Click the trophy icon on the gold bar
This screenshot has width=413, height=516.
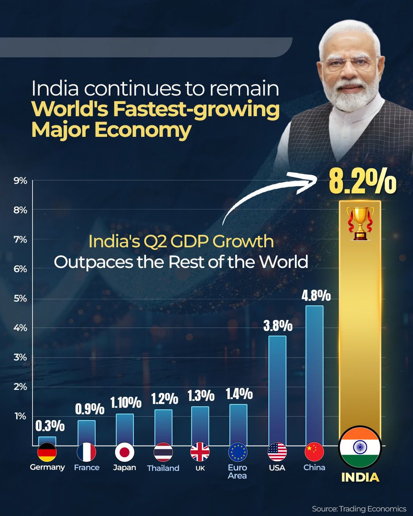[x=360, y=223]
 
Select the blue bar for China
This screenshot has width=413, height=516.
[x=314, y=374]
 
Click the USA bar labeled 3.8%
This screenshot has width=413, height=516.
[x=277, y=389]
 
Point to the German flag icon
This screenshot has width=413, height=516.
[x=47, y=452]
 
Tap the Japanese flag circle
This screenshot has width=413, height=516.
[x=125, y=452]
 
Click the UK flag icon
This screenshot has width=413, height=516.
[x=200, y=452]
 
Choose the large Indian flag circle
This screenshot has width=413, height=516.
[x=360, y=447]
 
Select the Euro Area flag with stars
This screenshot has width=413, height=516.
[x=238, y=452]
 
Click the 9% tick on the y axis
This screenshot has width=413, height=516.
[x=20, y=181]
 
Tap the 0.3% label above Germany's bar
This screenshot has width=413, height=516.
[x=49, y=427]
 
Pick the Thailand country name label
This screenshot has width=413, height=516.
[x=163, y=468]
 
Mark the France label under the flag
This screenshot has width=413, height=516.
[x=86, y=467]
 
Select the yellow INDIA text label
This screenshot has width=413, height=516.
[x=360, y=477]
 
